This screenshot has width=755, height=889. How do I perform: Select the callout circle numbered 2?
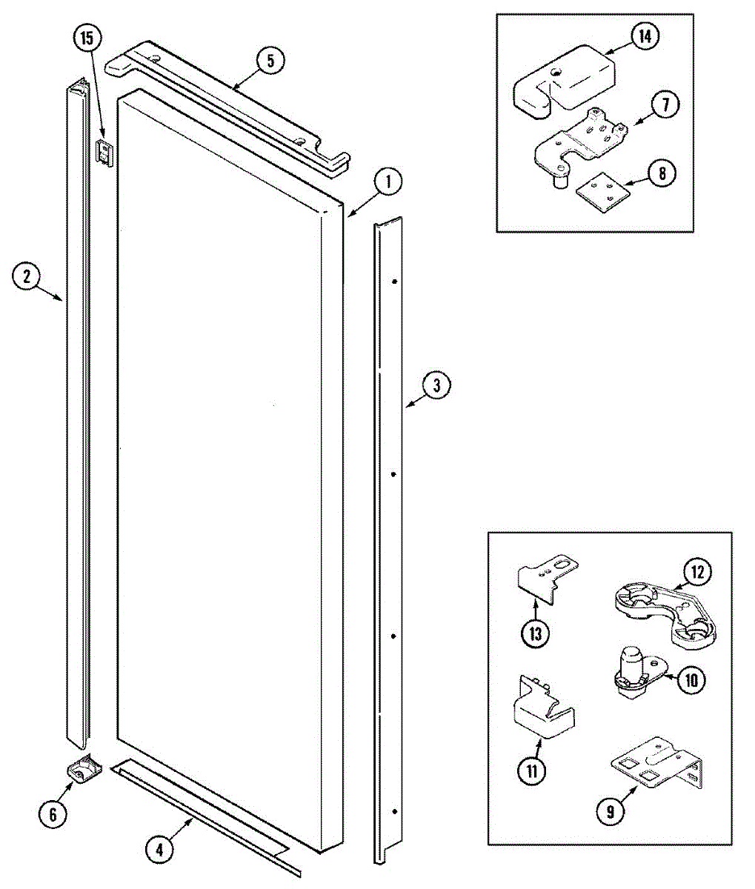click(x=26, y=277)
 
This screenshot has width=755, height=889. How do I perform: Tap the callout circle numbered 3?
click(x=436, y=385)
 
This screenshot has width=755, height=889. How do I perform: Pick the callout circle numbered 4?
click(x=159, y=849)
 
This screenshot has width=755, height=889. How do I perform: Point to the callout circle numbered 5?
click(x=270, y=61)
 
